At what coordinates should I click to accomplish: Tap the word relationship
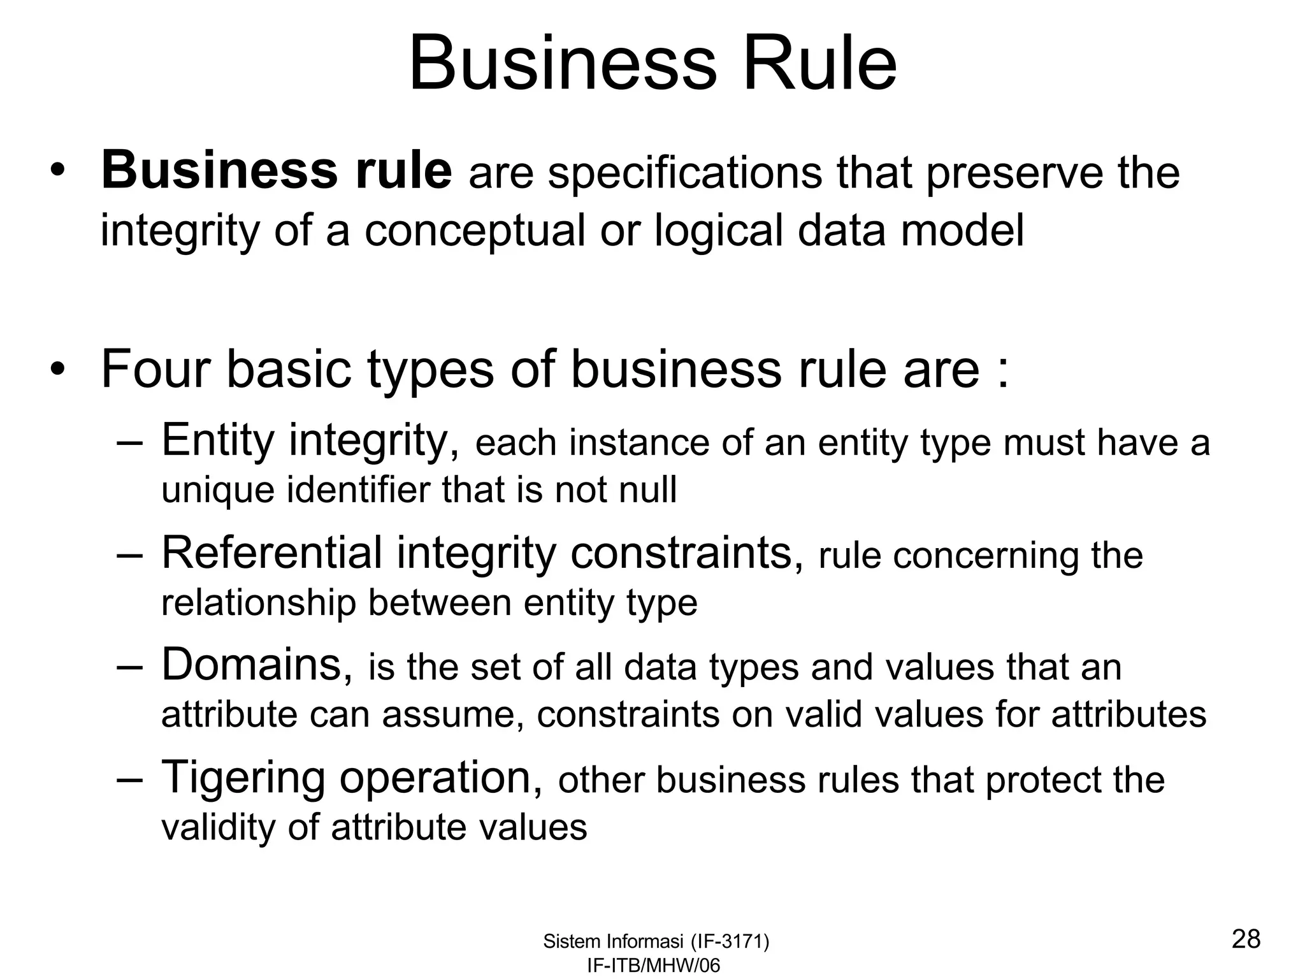click(x=258, y=603)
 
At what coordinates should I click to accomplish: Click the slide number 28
click(x=1246, y=939)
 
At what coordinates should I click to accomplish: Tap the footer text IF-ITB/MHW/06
click(x=653, y=966)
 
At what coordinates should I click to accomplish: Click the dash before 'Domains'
click(x=130, y=667)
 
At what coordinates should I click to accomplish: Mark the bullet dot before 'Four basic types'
click(x=59, y=370)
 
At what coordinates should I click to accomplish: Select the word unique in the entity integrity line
click(x=218, y=491)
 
